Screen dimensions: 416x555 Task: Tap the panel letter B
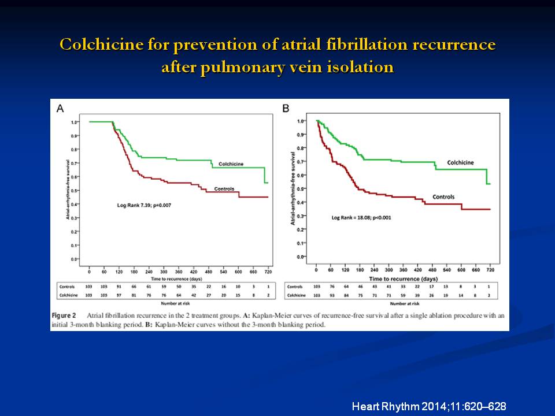click(x=284, y=107)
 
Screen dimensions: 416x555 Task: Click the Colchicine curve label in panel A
click(x=227, y=164)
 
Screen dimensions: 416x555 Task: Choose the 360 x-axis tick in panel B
click(x=403, y=269)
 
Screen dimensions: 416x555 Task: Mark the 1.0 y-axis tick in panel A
click(x=75, y=122)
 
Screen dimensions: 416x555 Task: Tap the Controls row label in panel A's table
click(x=66, y=286)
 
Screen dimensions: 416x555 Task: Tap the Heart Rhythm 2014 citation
click(x=429, y=407)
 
